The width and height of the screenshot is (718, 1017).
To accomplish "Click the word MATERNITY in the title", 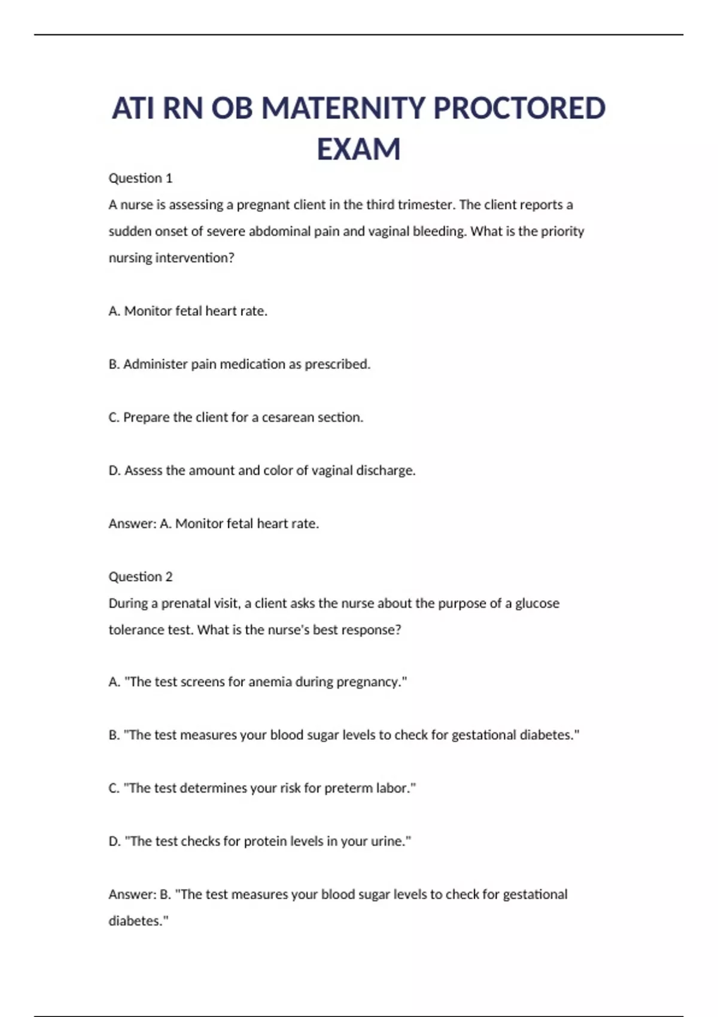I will pos(343,108).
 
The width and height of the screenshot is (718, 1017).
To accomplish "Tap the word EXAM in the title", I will pos(358,149).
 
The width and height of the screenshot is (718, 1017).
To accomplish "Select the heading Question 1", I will pos(141,178).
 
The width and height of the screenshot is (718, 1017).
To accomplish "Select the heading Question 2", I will pos(141,577).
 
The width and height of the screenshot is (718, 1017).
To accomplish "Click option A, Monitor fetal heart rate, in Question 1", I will pos(188,311).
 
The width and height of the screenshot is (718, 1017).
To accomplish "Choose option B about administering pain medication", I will pos(239,364).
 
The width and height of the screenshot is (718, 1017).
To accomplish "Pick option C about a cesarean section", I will pos(236,418).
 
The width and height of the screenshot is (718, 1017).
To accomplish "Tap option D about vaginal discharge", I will pos(262,471).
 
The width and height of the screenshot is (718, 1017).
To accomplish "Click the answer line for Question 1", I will pos(214,524).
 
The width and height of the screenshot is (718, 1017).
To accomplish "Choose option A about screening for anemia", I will pos(258,682).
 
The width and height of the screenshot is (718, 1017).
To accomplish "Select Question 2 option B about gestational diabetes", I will pos(344,735).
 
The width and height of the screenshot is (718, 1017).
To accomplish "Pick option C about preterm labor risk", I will pos(262,788).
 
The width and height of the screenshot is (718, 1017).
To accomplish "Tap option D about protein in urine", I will pos(260,842).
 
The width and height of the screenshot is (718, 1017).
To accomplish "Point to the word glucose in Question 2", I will pos(537,604).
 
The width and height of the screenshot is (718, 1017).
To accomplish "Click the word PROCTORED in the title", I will pos(519,108).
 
